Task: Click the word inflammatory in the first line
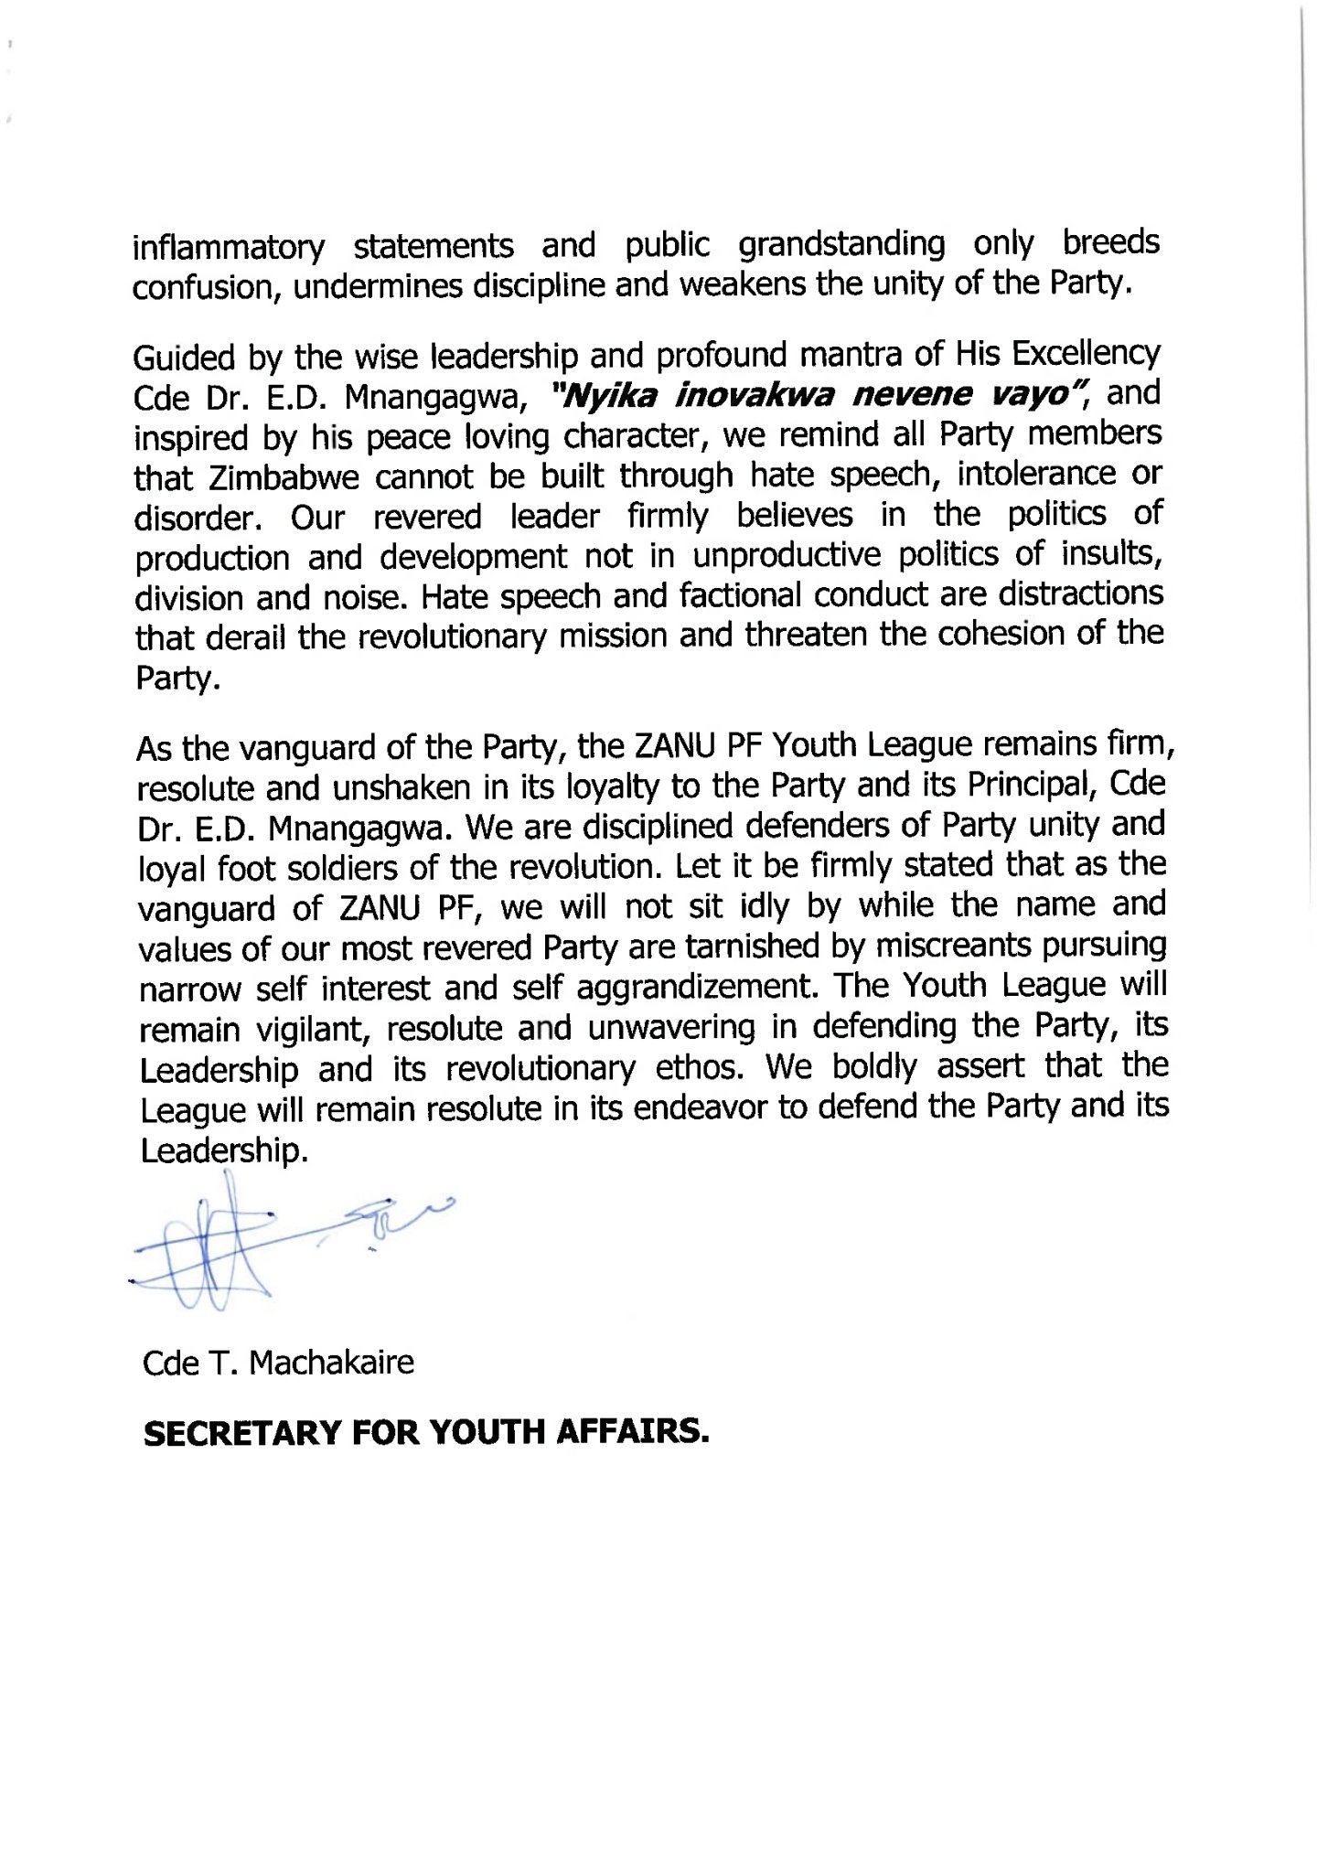(229, 248)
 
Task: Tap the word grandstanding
(841, 244)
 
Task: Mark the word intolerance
(1037, 474)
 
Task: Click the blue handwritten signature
(229, 1248)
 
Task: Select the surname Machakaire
(331, 1363)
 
